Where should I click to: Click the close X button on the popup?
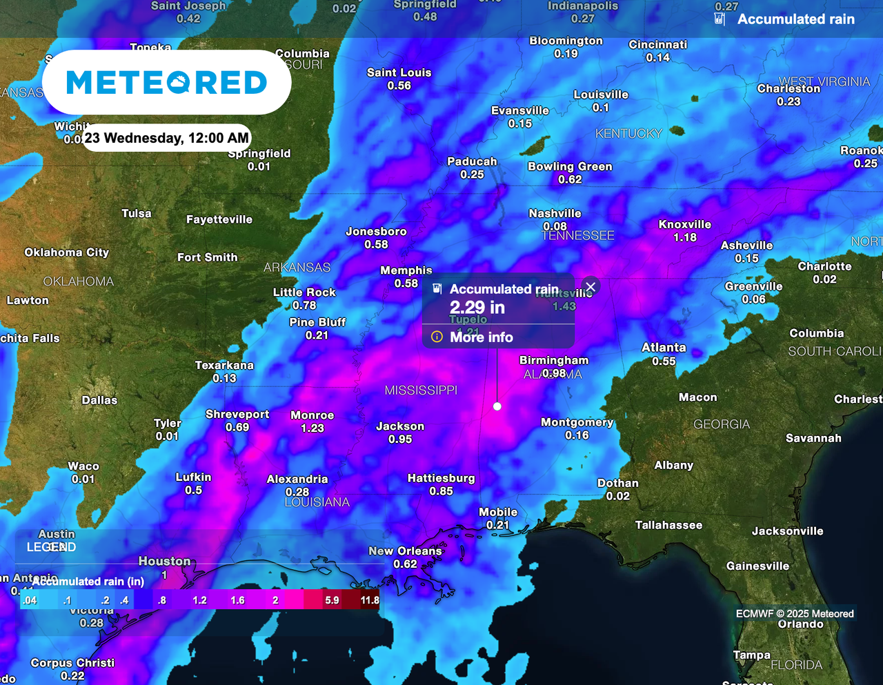[591, 286]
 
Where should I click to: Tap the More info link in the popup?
[481, 337]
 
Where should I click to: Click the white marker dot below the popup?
[497, 406]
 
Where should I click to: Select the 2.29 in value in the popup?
[477, 308]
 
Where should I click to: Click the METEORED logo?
[166, 83]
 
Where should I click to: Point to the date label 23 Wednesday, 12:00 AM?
[166, 138]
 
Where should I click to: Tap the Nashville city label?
[555, 214]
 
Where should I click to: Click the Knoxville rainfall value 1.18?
[685, 237]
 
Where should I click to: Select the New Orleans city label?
[405, 551]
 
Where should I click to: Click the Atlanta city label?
[664, 348]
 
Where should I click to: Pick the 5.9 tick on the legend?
[332, 600]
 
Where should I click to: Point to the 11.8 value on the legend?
[370, 600]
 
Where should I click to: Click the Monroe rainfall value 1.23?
[312, 428]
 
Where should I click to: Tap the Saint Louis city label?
[399, 72]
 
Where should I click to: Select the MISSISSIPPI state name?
[421, 390]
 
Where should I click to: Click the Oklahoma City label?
[67, 252]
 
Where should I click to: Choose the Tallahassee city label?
[668, 526]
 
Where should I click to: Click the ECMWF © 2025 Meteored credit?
[795, 613]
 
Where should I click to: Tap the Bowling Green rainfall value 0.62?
[571, 179]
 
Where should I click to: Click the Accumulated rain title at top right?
[795, 19]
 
